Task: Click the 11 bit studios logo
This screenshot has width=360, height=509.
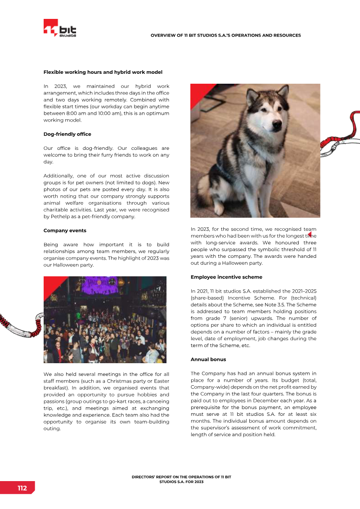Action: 60,29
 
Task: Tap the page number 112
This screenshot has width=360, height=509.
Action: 22,488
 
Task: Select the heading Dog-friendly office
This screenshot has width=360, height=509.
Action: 67,134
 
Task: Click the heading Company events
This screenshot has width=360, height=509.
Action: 65,230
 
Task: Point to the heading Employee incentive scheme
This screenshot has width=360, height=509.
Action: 226,277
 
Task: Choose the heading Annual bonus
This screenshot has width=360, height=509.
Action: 208,360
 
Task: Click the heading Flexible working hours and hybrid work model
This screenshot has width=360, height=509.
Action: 103,72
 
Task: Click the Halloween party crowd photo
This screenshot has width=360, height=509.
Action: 105,320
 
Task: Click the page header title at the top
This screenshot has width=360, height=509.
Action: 225,35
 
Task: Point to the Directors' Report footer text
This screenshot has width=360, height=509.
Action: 181,479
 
